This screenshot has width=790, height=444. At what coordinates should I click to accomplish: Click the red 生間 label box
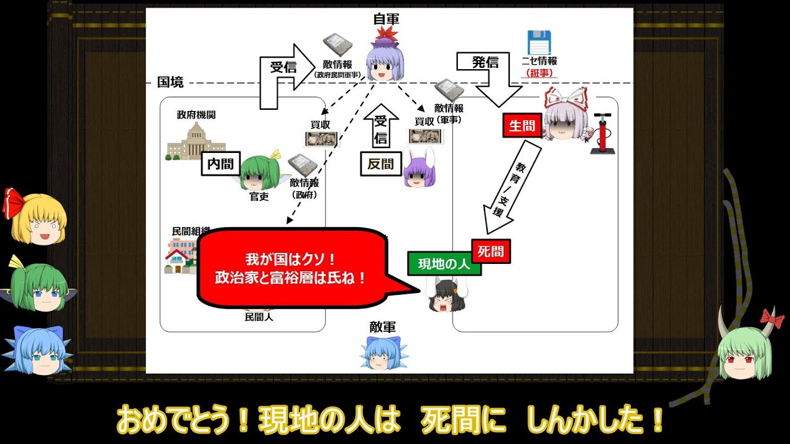[522, 126]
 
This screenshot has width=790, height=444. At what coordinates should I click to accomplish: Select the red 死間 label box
[491, 251]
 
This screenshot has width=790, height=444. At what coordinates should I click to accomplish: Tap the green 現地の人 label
[444, 264]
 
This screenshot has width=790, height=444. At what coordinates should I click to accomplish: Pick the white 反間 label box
[381, 164]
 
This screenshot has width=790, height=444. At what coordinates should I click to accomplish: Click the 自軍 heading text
[388, 19]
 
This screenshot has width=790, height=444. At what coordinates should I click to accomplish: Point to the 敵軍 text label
[383, 327]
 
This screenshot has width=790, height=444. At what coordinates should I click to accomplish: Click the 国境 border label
[170, 82]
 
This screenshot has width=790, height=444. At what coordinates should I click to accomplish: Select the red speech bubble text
[290, 268]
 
